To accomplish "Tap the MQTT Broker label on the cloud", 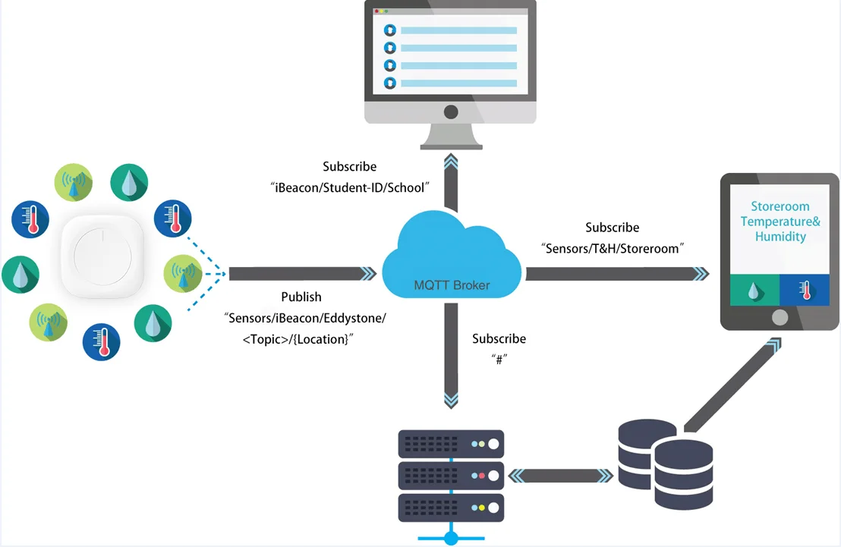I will pyautogui.click(x=452, y=285).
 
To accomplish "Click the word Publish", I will pyautogui.click(x=301, y=297).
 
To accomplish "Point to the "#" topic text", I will pyautogui.click(x=499, y=360).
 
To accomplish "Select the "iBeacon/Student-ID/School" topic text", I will pyautogui.click(x=350, y=187).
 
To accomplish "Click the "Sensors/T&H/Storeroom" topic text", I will pyautogui.click(x=613, y=248).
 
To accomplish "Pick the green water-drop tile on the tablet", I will pyautogui.click(x=754, y=291).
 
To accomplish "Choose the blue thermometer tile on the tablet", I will pyautogui.click(x=805, y=291).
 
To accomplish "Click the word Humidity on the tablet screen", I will pyautogui.click(x=780, y=237).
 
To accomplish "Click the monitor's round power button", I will pyautogui.click(x=450, y=112).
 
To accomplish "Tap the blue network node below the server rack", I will pyautogui.click(x=451, y=538).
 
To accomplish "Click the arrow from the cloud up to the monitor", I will pyautogui.click(x=451, y=182).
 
